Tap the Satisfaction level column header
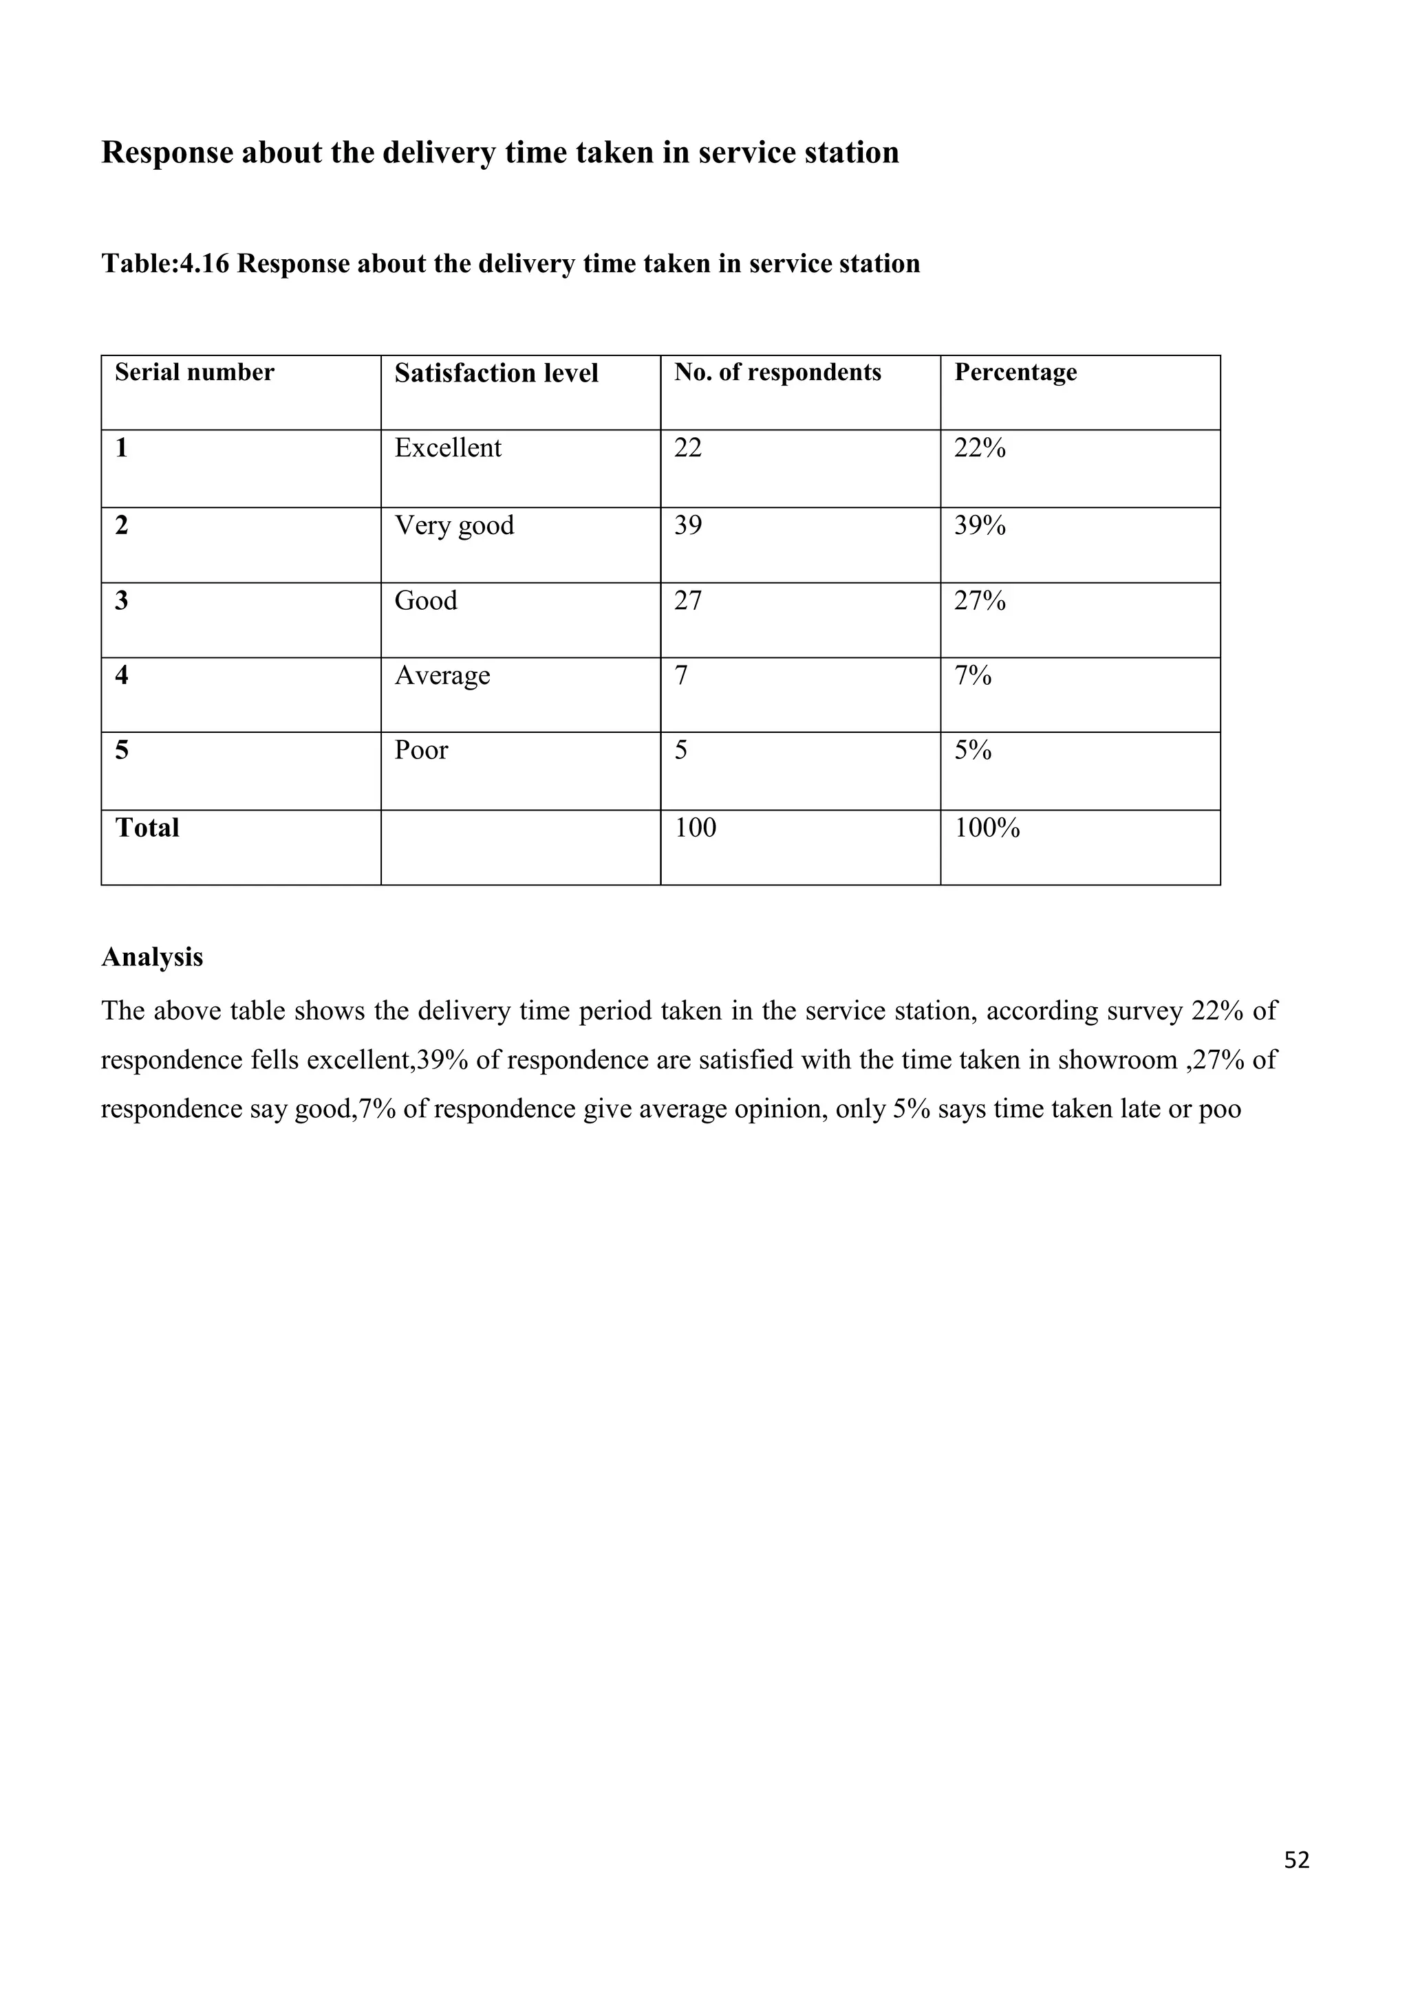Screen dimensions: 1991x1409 click(496, 373)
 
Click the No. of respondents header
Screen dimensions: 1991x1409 click(777, 372)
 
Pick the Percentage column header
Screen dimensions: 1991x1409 click(1015, 372)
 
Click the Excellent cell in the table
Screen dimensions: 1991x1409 click(448, 448)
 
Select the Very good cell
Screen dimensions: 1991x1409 click(454, 525)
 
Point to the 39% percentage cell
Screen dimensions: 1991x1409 click(980, 525)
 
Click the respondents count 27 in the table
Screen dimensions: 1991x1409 click(688, 600)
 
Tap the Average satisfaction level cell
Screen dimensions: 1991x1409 click(442, 676)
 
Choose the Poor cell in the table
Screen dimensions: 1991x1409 click(421, 750)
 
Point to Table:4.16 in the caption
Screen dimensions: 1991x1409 click(165, 263)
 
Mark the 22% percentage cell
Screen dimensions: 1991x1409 click(980, 448)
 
